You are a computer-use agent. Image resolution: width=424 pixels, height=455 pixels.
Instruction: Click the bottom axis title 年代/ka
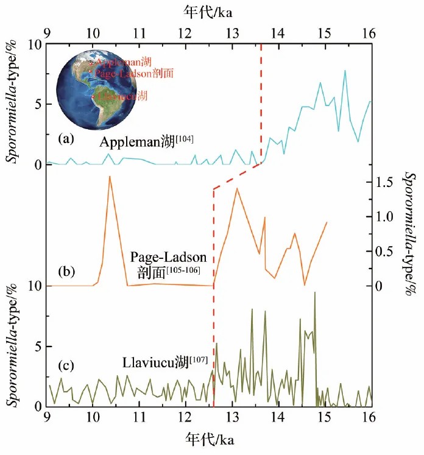point(211,440)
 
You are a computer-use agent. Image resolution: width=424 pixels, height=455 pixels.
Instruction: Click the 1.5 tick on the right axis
point(387,182)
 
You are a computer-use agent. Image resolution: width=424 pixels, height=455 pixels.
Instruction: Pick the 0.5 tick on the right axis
point(387,251)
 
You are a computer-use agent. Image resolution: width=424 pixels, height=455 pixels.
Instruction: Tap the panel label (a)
point(66,139)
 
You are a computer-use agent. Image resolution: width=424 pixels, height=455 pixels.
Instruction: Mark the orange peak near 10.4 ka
point(110,177)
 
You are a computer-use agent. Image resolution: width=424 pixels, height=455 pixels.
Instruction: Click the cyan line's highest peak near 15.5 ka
point(345,71)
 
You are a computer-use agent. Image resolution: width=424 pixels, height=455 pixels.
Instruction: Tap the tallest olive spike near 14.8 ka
point(315,293)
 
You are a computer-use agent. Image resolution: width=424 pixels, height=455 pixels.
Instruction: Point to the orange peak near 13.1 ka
point(236,189)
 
